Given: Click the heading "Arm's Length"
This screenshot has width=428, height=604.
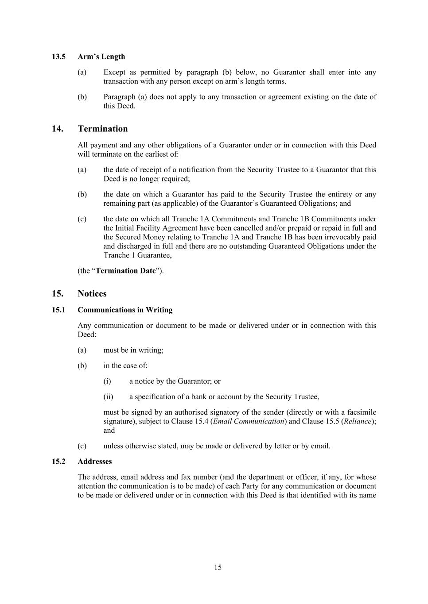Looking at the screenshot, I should pos(101,57).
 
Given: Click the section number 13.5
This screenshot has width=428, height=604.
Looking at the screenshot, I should pos(58,57).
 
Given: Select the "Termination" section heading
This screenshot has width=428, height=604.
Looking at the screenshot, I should pos(102,129).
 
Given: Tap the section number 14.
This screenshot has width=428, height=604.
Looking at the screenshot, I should pos(57,129).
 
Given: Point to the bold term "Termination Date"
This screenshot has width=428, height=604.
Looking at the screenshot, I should pos(126,271).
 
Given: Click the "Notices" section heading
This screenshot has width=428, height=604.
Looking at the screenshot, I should pos(92,294).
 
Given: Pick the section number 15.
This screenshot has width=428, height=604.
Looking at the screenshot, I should pos(57,294).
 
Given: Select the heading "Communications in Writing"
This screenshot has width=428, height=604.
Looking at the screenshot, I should pos(125,310).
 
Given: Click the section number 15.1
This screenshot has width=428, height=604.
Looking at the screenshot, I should pos(58,310).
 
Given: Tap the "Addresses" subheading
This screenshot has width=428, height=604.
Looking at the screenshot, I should pos(94,462).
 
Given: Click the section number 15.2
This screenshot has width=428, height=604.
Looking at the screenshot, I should pos(58,462).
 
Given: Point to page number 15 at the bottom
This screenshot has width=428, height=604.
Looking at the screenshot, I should pos(218,568).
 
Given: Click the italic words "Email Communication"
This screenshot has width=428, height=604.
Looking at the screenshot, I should pos(249,421).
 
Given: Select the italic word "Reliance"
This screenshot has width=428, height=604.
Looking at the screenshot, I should pos(357,421).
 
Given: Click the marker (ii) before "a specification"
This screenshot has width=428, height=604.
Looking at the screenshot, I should pos(108,397).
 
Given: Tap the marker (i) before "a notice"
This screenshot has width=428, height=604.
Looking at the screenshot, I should pos(107,381).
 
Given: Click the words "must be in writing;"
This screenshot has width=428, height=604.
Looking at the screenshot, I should pos(133,350).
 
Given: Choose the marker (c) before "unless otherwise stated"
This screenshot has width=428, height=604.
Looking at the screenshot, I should pos(82,446).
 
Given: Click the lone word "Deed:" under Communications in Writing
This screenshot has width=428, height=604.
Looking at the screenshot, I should pos(87,335).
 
